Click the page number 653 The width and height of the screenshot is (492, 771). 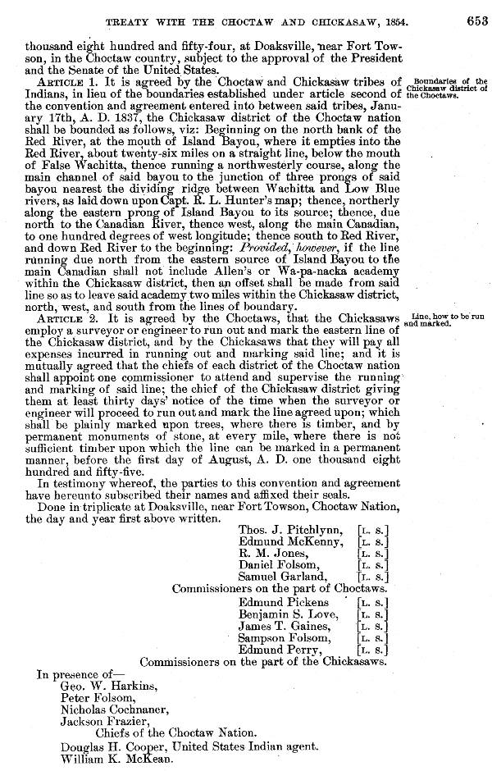click(474, 22)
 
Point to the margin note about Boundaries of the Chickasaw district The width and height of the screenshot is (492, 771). click(449, 87)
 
